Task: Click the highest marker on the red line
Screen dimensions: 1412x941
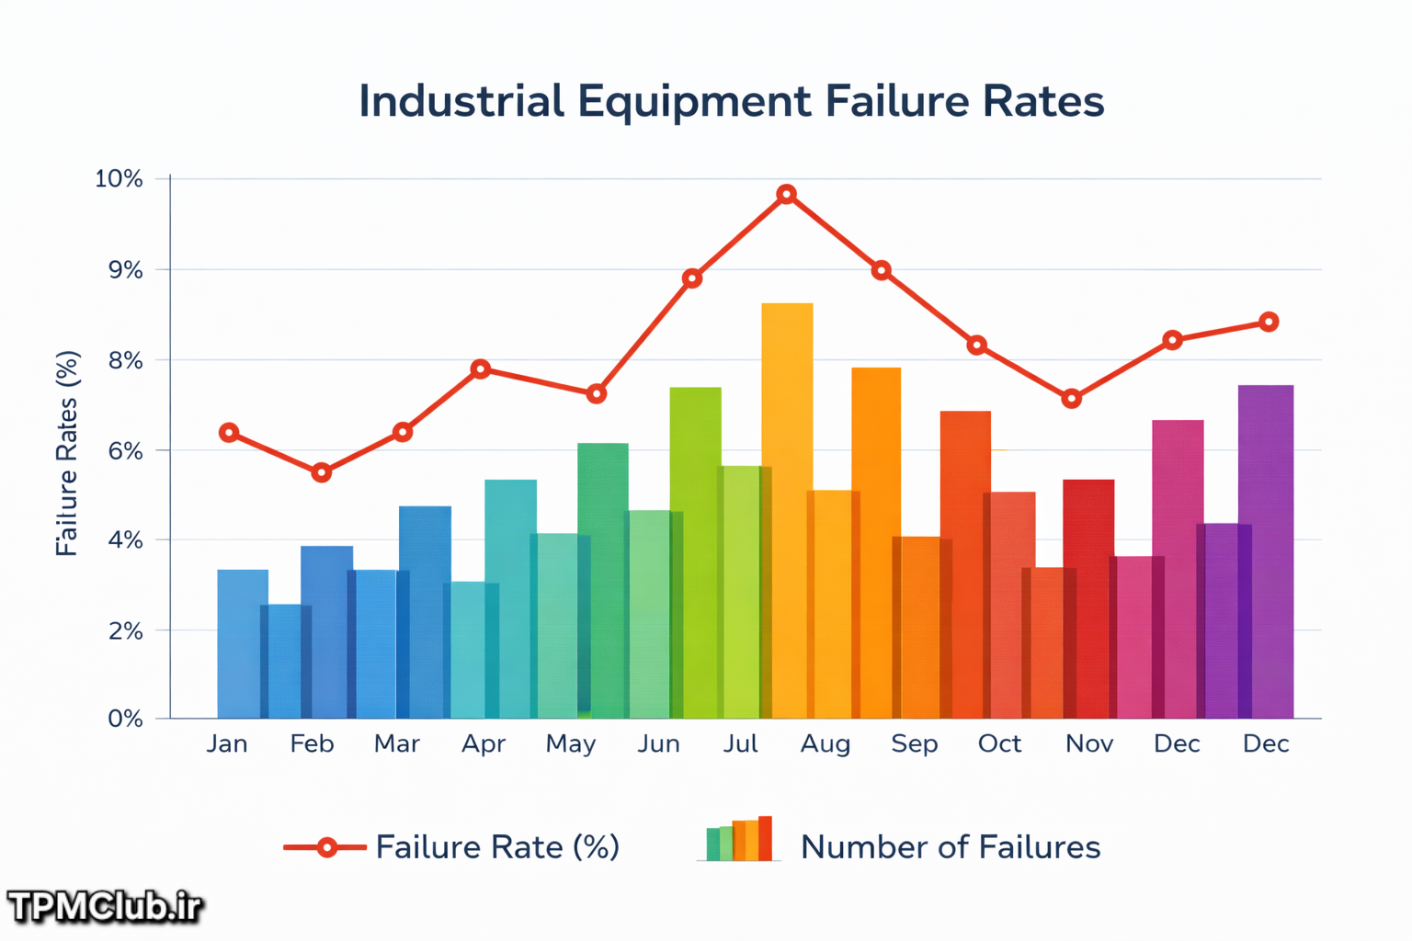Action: pos(786,194)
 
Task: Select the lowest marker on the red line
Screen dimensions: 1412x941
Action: pos(322,472)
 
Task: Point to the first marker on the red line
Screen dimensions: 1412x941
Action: pos(229,433)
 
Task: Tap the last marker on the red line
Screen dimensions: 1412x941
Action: pos(1269,322)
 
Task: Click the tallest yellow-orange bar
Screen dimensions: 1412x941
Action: pos(787,511)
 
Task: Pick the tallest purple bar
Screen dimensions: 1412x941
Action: pos(1266,551)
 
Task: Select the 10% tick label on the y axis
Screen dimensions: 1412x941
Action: pos(120,179)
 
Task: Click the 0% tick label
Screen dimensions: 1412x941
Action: pos(125,719)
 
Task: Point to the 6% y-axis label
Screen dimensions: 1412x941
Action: pos(125,450)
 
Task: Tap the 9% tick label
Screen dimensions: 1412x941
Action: pos(125,270)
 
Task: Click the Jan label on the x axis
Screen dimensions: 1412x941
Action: pos(227,744)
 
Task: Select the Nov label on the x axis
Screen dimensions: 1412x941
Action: pos(1089,744)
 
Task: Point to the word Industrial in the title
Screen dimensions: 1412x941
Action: pos(461,101)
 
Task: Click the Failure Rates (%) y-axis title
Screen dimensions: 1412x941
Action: pos(67,453)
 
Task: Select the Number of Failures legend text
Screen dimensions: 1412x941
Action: pos(951,847)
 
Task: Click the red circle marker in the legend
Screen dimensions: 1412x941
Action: pos(326,847)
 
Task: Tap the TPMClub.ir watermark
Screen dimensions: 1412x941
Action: pos(105,907)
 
